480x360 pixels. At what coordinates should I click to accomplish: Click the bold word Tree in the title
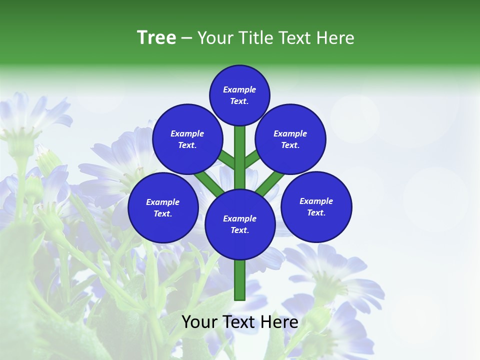tap(156, 38)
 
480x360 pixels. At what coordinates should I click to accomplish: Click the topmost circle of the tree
tap(239, 95)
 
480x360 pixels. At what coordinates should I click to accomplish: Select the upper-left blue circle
tap(187, 139)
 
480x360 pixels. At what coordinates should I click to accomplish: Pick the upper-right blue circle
tap(290, 139)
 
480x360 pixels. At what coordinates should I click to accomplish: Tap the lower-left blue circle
tap(163, 207)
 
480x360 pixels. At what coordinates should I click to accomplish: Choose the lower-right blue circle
tap(316, 206)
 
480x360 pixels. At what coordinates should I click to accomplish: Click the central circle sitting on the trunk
tap(240, 224)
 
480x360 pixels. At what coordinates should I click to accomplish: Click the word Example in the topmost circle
tap(239, 89)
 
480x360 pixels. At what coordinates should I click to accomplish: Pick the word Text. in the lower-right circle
tap(316, 212)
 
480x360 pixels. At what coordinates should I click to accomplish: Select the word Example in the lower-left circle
tap(163, 202)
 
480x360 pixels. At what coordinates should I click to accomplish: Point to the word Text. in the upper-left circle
tap(187, 145)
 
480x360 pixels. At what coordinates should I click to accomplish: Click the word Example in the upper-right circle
tap(290, 133)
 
